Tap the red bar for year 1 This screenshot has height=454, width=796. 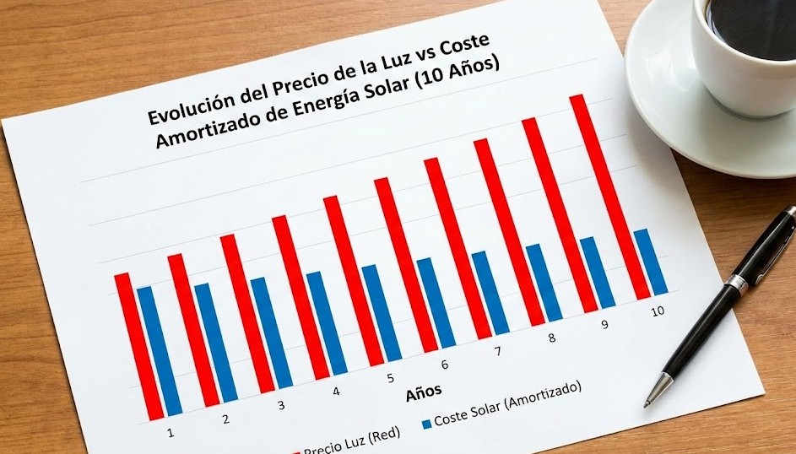pos(138,346)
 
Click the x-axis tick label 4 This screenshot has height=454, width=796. pos(336,392)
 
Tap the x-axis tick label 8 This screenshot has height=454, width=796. pos(552,338)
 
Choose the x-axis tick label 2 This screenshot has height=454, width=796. pos(225,419)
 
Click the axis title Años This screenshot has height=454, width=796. pos(423,392)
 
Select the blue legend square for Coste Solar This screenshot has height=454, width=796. pos(426,421)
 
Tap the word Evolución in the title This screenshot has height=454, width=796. pos(190,107)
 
